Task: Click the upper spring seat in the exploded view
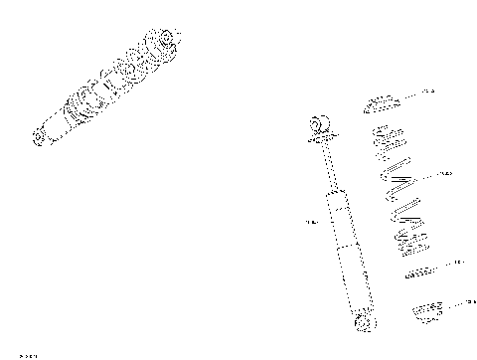tap(383, 104)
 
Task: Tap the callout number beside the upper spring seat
tap(428, 91)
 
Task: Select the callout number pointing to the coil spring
tap(445, 174)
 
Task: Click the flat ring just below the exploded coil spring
tap(418, 270)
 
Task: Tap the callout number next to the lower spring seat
tap(470, 301)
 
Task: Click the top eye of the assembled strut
tap(164, 41)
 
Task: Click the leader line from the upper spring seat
tap(409, 94)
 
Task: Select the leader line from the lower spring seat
tap(452, 303)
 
